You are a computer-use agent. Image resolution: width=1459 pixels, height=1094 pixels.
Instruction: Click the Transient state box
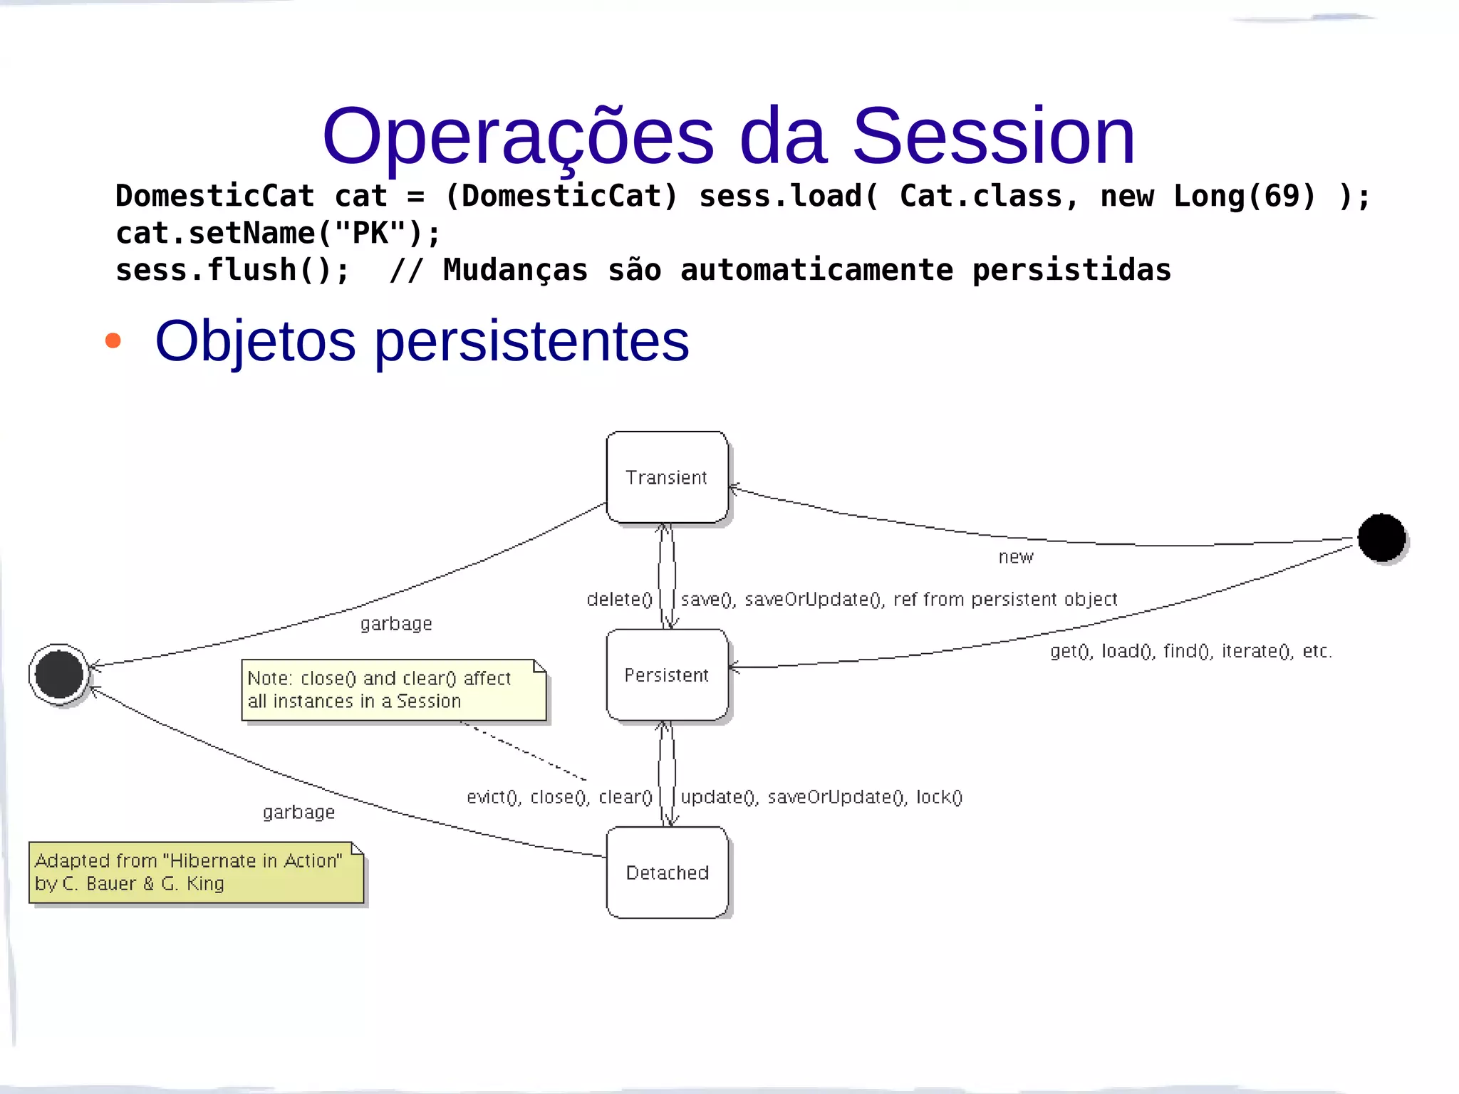667,477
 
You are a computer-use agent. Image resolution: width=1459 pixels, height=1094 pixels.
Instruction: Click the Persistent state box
667,674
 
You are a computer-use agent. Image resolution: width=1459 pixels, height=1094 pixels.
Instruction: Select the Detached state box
667,872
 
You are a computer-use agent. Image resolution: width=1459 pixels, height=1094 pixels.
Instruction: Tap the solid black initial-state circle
1381,538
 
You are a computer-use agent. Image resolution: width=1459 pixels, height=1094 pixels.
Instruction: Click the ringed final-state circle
59,674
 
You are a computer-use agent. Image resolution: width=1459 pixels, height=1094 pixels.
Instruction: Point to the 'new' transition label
1015,557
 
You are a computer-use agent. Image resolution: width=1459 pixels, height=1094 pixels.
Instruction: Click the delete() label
619,600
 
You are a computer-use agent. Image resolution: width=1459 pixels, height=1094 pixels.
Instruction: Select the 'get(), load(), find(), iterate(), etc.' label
1190,651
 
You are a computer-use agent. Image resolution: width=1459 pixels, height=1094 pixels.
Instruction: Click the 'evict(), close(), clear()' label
559,797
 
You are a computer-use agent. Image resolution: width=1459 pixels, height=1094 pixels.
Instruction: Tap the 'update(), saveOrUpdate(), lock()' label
821,797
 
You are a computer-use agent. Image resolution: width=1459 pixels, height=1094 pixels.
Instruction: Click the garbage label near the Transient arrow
396,624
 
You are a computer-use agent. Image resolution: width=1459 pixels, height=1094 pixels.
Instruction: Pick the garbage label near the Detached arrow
298,813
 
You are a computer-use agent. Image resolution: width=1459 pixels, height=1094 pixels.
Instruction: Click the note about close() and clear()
393,690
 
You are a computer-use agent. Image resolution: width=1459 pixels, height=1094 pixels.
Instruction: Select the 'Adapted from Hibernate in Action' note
196,872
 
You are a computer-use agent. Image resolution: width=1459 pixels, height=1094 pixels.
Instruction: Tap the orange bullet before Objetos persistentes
113,340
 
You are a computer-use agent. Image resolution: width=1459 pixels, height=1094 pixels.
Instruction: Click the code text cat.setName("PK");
279,233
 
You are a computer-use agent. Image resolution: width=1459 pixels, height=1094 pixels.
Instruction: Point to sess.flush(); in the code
232,270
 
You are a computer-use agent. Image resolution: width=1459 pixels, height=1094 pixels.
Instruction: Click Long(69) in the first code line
1244,196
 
